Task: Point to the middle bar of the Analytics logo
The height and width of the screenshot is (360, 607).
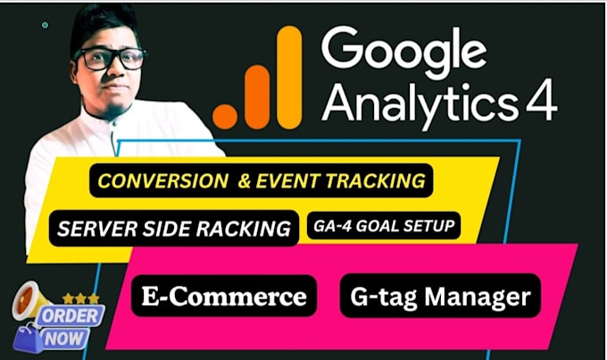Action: pos(257,96)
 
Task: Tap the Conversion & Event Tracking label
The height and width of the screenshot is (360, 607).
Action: pos(261,180)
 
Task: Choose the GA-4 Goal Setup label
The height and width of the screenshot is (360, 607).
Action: pos(386,227)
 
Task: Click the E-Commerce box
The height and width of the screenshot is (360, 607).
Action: pos(224,297)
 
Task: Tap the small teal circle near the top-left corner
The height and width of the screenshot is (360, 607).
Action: pos(46,25)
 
